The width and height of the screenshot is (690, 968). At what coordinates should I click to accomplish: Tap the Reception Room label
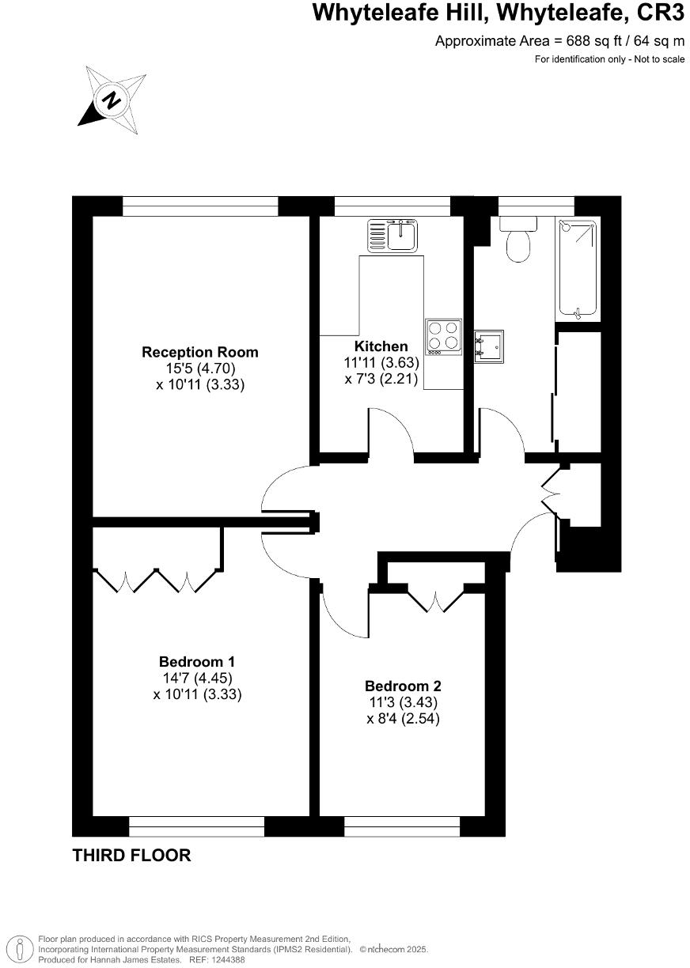point(199,352)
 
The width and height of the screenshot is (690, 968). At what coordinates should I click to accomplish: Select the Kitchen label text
point(381,346)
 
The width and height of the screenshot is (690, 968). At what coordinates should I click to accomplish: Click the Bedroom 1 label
point(197,661)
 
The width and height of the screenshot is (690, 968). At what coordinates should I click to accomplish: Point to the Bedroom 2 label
point(403,686)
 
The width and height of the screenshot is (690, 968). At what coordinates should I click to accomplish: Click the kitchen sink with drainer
point(393,235)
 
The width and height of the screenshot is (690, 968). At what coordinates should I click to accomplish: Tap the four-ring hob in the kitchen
point(443,335)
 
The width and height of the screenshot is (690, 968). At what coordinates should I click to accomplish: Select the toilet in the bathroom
point(519,240)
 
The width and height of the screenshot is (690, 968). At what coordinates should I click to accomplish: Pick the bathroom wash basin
point(488,346)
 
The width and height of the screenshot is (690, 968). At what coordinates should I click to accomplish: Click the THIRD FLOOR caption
point(131,855)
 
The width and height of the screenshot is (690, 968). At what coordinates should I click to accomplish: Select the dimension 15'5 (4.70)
point(199,369)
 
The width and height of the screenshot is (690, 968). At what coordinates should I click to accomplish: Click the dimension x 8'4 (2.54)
point(403,719)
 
